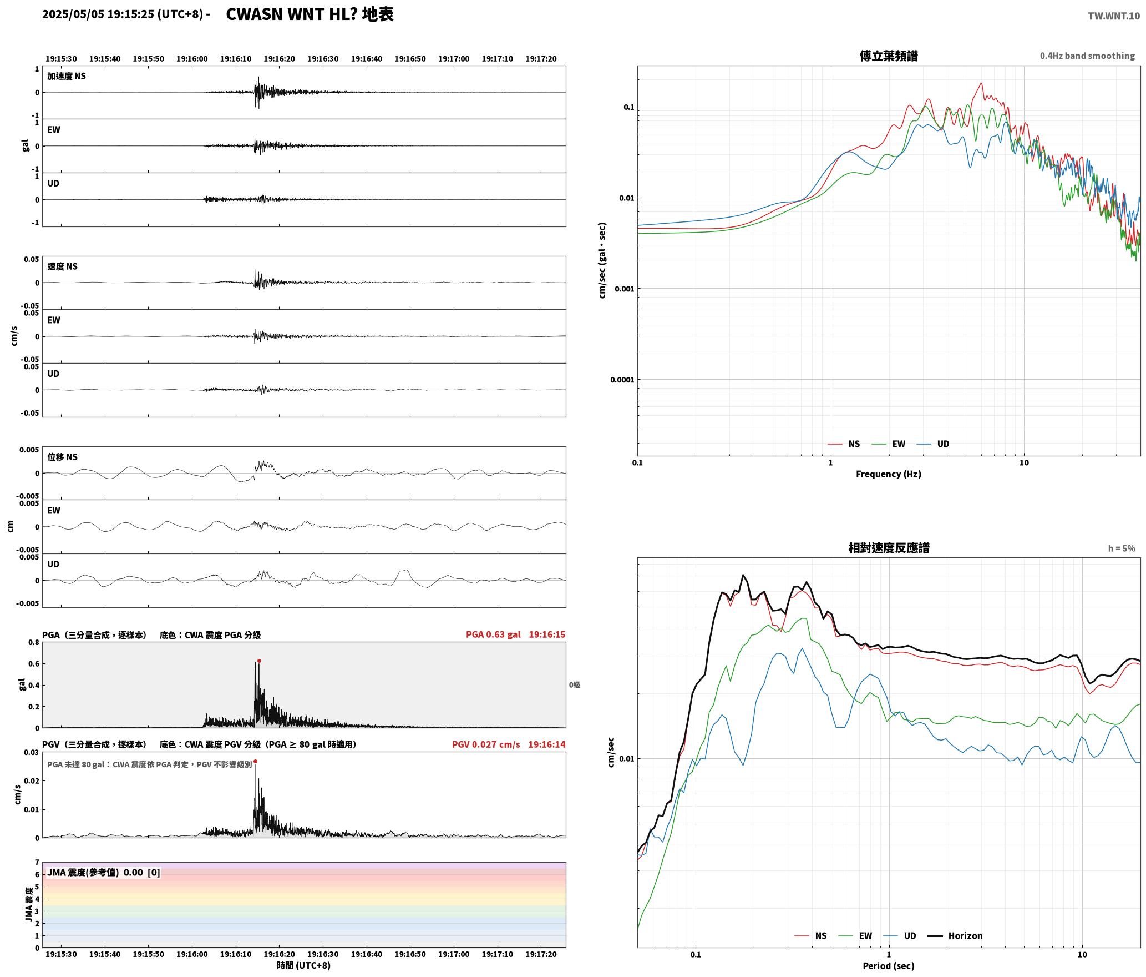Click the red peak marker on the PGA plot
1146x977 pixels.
pos(259,661)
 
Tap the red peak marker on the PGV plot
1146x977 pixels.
pos(255,761)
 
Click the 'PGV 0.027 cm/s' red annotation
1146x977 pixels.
pos(486,744)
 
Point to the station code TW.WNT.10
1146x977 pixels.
pos(1114,16)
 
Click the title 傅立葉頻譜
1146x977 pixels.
pos(889,56)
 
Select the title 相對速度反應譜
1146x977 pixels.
pos(889,548)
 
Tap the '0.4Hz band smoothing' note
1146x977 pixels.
pos(1087,56)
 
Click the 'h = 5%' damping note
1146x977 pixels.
pos(1122,548)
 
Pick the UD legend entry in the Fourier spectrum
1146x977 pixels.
pos(933,444)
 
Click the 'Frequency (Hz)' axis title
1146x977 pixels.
pos(889,474)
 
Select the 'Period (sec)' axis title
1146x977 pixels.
pos(889,965)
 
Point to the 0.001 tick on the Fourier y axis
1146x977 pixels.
pos(624,289)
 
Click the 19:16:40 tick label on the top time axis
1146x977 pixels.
pos(367,58)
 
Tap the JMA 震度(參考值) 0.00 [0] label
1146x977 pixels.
pos(104,872)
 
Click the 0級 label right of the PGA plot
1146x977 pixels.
pos(575,685)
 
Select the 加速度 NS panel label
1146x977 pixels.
pos(67,76)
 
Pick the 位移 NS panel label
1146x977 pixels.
pos(62,457)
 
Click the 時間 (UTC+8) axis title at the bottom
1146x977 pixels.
pos(304,965)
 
